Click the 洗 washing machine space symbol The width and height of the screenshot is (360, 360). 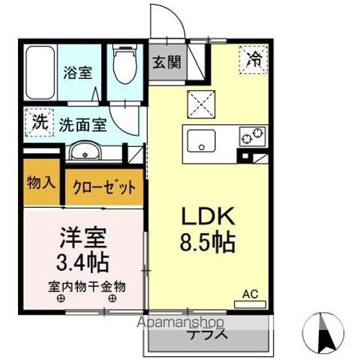coord(37,122)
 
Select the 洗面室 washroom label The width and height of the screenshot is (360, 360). coord(84,124)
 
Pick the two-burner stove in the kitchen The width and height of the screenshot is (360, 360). coord(252,136)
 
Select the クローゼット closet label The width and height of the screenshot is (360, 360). coord(104,186)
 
